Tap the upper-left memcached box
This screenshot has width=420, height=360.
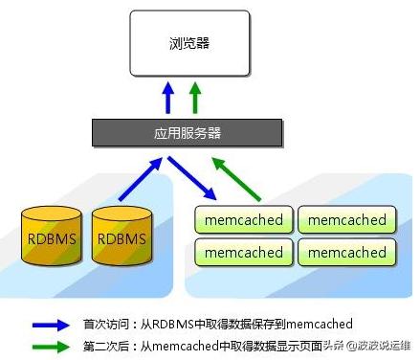(243, 220)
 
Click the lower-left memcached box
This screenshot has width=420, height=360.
(243, 252)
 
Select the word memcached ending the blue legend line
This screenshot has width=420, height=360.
(320, 325)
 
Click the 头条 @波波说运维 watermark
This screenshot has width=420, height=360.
(366, 347)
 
